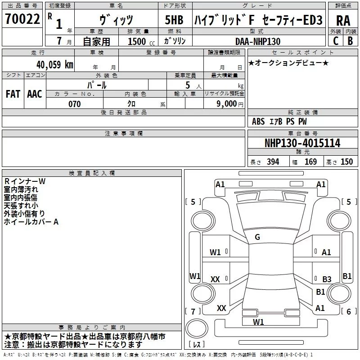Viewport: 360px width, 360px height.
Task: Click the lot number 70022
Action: pyautogui.click(x=22, y=19)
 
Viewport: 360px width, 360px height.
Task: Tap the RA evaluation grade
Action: pyautogui.click(x=343, y=21)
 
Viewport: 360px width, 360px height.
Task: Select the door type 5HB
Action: pyautogui.click(x=174, y=20)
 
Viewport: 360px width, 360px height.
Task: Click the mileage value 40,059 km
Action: pyautogui.click(x=54, y=64)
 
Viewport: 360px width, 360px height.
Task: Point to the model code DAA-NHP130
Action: pyautogui.click(x=258, y=41)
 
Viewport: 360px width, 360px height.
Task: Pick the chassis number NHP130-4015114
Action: pyautogui.click(x=302, y=143)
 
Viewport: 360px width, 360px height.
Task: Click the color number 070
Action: pyautogui.click(x=75, y=104)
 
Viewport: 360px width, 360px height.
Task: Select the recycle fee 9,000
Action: pyautogui.click(x=226, y=103)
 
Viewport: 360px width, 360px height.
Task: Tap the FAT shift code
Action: pyautogui.click(x=13, y=94)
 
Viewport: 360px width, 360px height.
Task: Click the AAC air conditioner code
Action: pyautogui.click(x=35, y=94)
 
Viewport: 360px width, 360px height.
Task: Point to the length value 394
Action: pyautogui.click(x=273, y=162)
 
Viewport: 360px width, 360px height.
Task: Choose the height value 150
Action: pyautogui.click(x=346, y=162)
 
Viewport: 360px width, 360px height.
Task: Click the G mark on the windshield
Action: pyautogui.click(x=257, y=237)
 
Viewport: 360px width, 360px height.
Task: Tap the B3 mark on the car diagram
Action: pyautogui.click(x=327, y=279)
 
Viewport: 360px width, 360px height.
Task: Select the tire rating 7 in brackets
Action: pyautogui.click(x=193, y=311)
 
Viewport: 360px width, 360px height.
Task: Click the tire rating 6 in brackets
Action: pyautogui.click(x=349, y=311)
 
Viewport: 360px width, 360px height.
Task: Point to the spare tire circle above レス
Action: pyautogui.click(x=197, y=328)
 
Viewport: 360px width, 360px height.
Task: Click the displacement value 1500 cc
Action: pyautogui.click(x=141, y=41)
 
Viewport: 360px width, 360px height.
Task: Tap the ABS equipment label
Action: pyautogui.click(x=258, y=121)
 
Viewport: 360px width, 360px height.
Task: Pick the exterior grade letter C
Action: pyautogui.click(x=336, y=41)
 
